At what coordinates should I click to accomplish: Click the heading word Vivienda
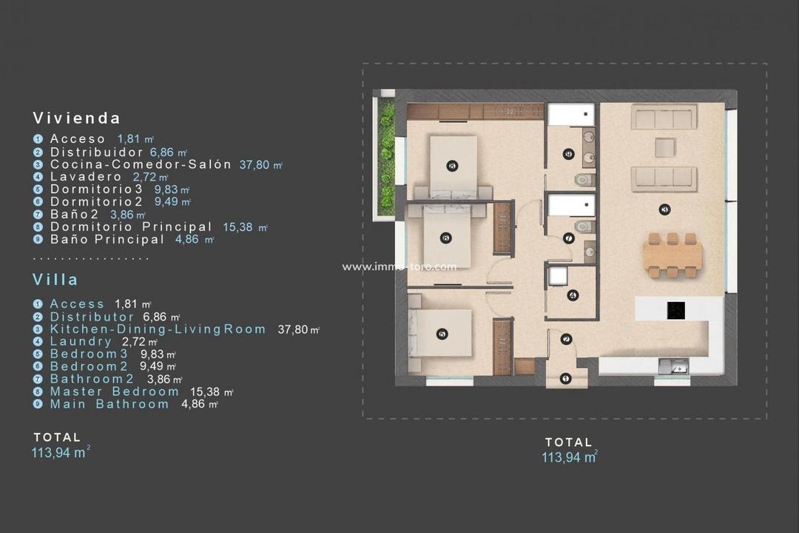76,118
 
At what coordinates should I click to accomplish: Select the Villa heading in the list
55,280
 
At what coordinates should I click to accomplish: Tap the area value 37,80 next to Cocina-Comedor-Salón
256,165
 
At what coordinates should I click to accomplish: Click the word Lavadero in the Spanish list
85,177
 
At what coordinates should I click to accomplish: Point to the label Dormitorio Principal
131,227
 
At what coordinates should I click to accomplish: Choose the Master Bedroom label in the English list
115,392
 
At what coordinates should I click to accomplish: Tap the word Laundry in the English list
81,341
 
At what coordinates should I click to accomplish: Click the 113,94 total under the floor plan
568,457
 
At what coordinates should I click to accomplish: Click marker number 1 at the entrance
566,378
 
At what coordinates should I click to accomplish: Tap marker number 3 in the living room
664,209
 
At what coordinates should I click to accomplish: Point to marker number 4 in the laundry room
572,295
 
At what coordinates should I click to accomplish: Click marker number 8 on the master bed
452,166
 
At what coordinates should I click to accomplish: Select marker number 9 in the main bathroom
568,154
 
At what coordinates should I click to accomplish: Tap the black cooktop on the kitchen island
675,310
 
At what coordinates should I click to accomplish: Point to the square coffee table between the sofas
664,147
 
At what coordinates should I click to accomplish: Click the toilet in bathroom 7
583,227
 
